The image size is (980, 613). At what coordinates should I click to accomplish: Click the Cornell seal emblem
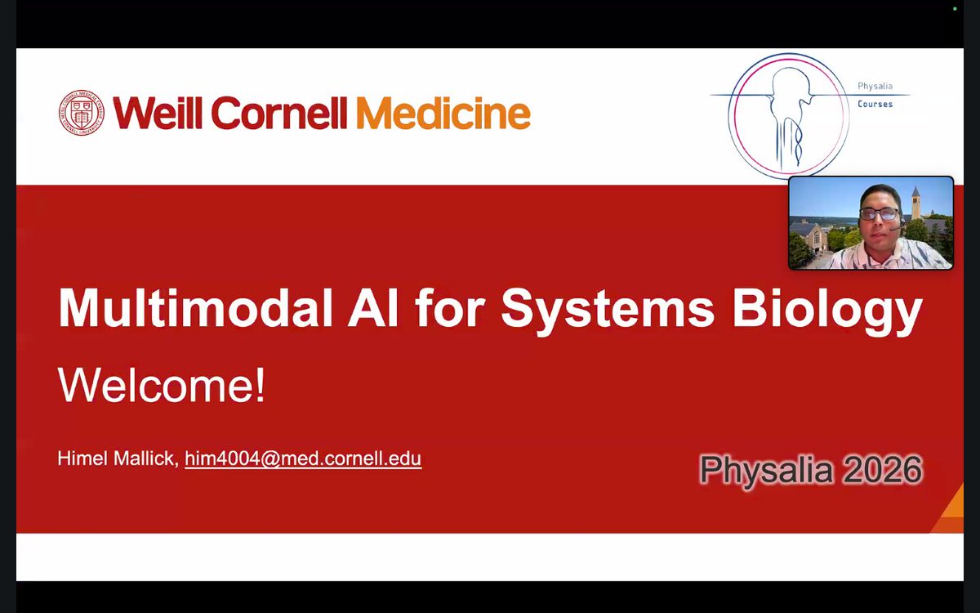point(82,113)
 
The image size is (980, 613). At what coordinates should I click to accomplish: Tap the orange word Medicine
point(443,113)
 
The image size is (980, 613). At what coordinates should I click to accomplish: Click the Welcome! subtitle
point(162,386)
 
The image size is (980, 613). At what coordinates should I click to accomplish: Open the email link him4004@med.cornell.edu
point(303,459)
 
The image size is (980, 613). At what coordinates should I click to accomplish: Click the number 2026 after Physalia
point(884,470)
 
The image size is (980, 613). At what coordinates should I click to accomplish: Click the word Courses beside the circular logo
point(875,104)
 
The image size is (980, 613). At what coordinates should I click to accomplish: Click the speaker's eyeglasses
point(879,213)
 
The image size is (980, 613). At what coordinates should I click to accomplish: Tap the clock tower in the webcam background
point(916,201)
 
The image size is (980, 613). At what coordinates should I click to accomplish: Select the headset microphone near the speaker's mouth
point(893,228)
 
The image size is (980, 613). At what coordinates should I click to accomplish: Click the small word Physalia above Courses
point(874,86)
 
